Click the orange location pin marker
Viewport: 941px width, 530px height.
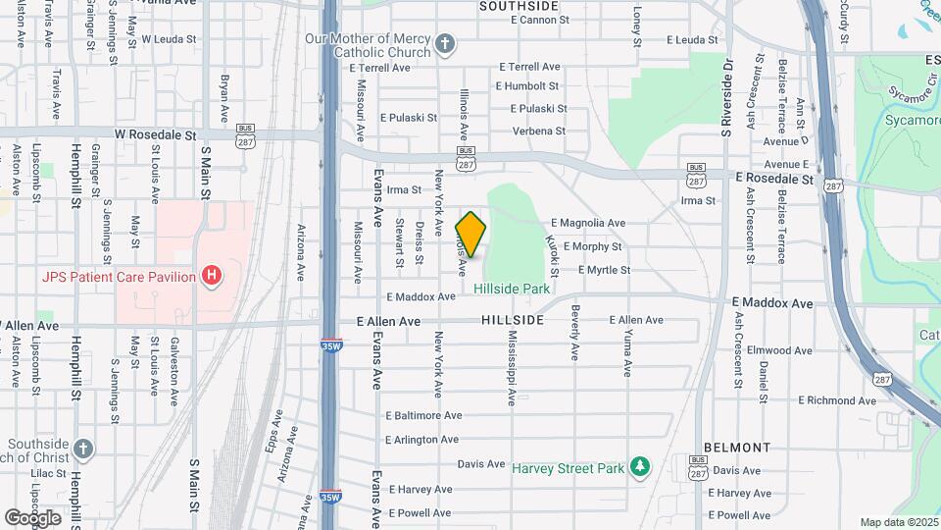[471, 235]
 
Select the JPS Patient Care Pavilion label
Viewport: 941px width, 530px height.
[119, 277]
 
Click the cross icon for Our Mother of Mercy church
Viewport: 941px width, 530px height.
[445, 44]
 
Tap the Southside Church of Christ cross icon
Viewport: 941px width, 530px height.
[83, 449]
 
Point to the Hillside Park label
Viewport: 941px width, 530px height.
[511, 289]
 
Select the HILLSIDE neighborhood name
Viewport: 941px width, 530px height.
[513, 321]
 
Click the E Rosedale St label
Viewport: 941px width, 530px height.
[774, 179]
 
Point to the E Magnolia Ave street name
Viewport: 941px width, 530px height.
[588, 223]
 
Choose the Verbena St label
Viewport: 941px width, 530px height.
[539, 131]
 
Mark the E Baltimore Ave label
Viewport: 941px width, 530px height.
[423, 415]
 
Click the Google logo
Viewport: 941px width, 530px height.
[32, 517]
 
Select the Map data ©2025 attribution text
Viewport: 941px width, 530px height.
[898, 522]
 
